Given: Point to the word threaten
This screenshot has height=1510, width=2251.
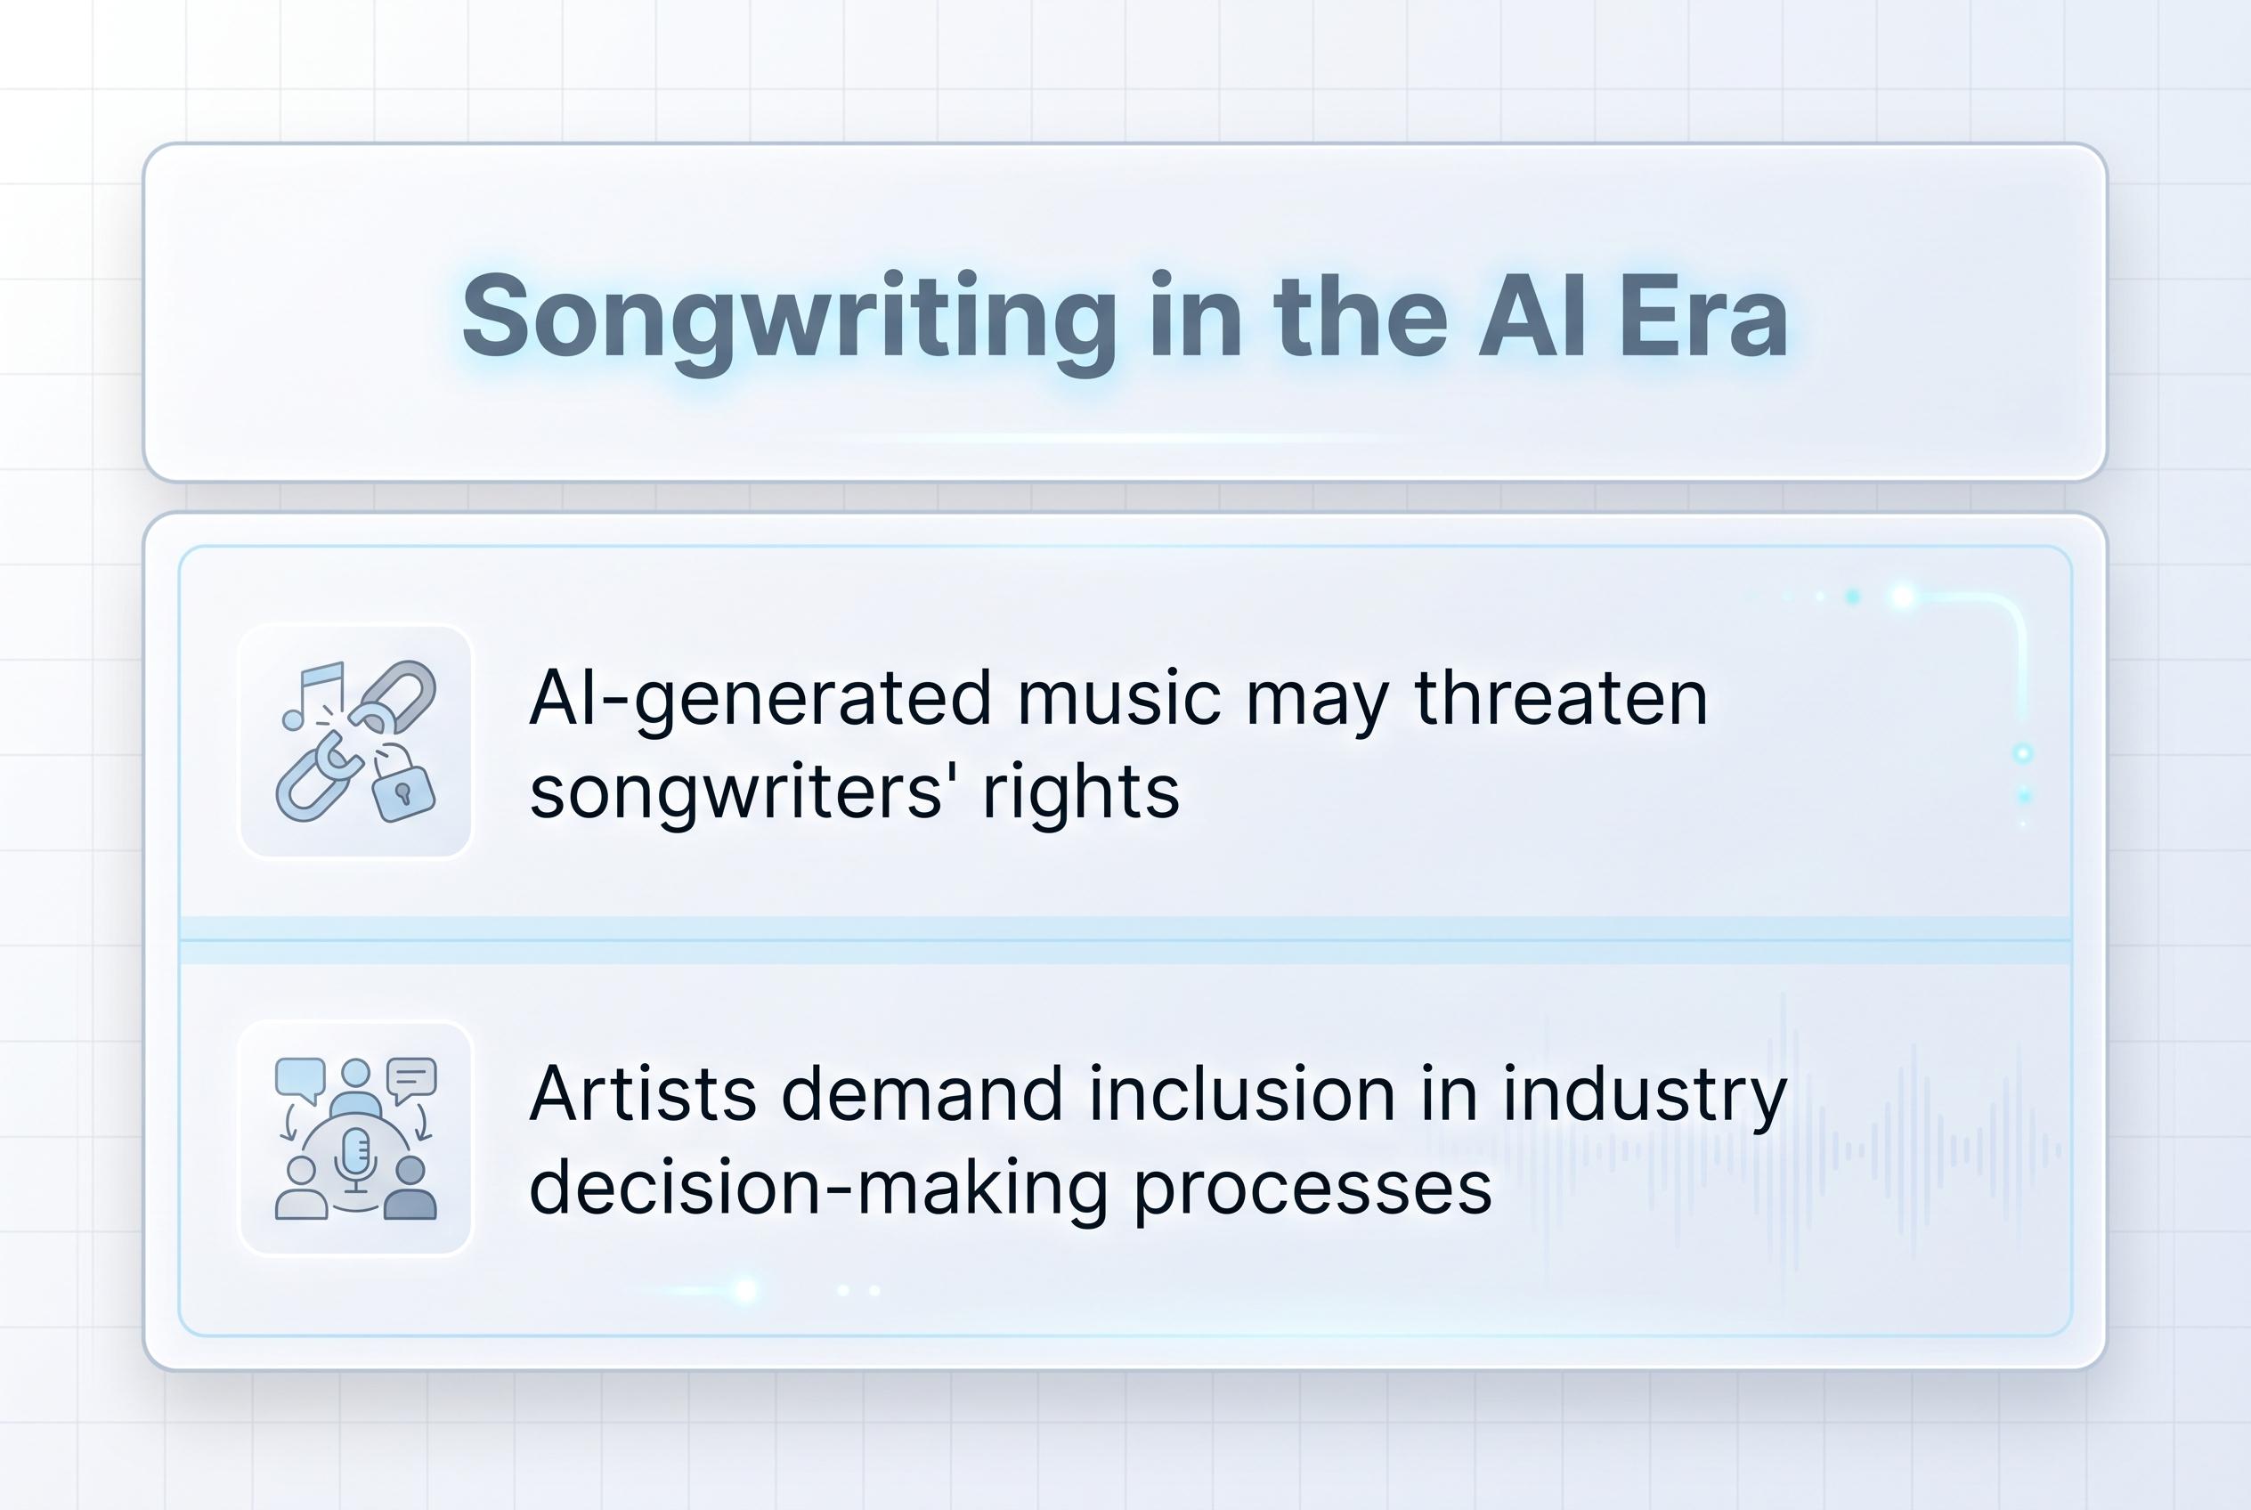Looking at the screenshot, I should click(x=1560, y=697).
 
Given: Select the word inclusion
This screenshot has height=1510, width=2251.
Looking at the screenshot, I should click(x=1242, y=1095).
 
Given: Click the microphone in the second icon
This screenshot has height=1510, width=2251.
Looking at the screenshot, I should click(x=356, y=1153).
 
